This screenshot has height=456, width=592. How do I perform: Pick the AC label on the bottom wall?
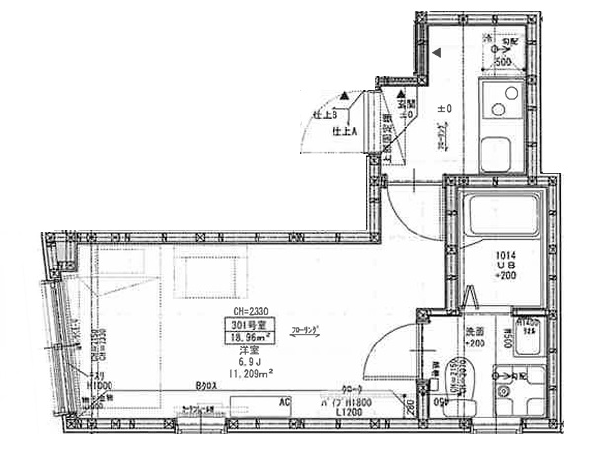coord(283,403)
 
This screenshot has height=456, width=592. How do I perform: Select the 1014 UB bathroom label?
coord(504,267)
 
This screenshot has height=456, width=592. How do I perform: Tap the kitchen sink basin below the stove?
coord(494,154)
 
